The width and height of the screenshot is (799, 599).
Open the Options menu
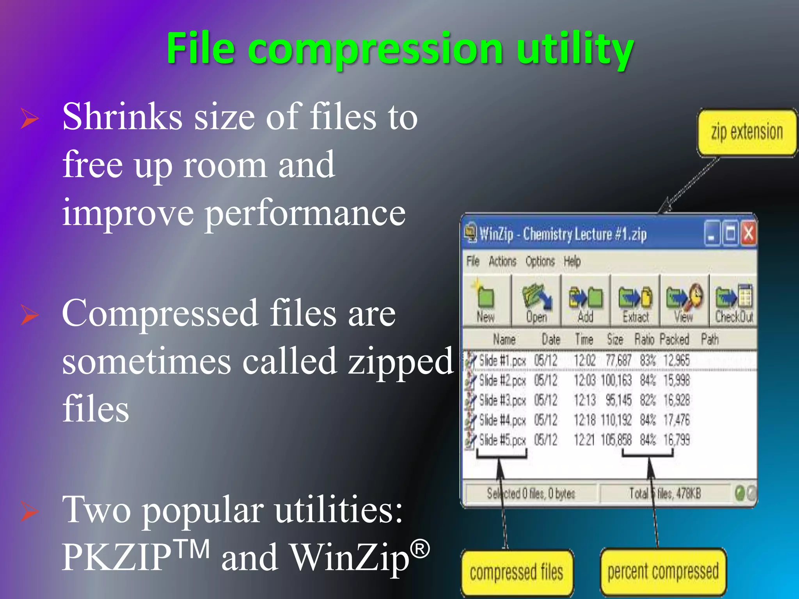[x=540, y=261]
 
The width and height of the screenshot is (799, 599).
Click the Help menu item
[x=572, y=261]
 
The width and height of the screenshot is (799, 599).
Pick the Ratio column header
[x=644, y=340]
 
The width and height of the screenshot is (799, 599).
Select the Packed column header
[x=675, y=340]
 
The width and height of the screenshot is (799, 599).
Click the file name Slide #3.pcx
[x=502, y=401]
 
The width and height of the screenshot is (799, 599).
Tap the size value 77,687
[x=618, y=361]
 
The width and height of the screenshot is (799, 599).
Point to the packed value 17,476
[x=676, y=420]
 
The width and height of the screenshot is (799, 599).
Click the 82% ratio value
[x=648, y=401]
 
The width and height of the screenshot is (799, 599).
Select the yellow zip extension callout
[x=747, y=133]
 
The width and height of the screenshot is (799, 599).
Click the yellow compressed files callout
[x=517, y=572]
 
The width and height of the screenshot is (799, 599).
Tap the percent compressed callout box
[x=663, y=572]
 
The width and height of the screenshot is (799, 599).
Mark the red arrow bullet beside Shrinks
[x=30, y=119]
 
